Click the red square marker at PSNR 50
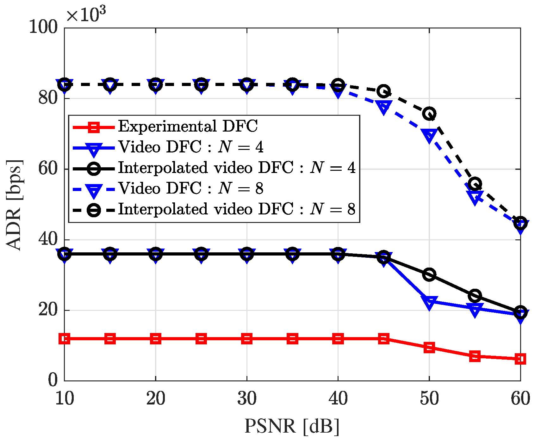429,347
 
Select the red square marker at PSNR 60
520,359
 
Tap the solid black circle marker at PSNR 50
429,274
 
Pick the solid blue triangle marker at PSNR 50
429,302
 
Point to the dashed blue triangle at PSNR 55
475,197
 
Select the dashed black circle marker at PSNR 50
429,114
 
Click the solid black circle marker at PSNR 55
475,296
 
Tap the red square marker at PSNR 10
65,339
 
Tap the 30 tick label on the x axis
247,398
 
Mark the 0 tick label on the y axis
53,380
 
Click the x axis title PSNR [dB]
292,426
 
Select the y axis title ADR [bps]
14,205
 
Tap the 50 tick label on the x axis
429,398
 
